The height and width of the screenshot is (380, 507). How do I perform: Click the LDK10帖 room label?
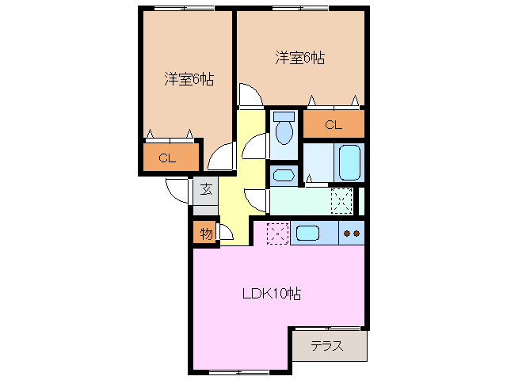pyautogui.click(x=271, y=294)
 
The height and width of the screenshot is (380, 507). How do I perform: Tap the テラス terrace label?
pyautogui.click(x=326, y=346)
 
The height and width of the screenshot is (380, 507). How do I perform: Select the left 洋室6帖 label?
pyautogui.click(x=189, y=79)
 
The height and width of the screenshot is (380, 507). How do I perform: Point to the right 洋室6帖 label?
pyautogui.click(x=300, y=58)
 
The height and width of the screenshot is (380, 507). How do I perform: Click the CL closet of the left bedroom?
pyautogui.click(x=167, y=158)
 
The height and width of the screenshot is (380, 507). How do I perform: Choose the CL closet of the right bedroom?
pyautogui.click(x=334, y=124)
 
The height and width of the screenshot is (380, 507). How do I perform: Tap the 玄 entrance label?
pyautogui.click(x=205, y=189)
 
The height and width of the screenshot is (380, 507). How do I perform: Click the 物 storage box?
pyautogui.click(x=205, y=234)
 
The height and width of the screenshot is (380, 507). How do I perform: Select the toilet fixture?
pyautogui.click(x=283, y=131)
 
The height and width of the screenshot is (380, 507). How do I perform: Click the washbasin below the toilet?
pyautogui.click(x=283, y=174)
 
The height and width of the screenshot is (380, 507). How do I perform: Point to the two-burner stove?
pyautogui.click(x=353, y=234)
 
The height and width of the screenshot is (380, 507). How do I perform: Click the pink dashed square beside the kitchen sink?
pyautogui.click(x=277, y=234)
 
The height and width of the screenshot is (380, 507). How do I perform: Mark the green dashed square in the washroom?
pyautogui.click(x=341, y=200)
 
